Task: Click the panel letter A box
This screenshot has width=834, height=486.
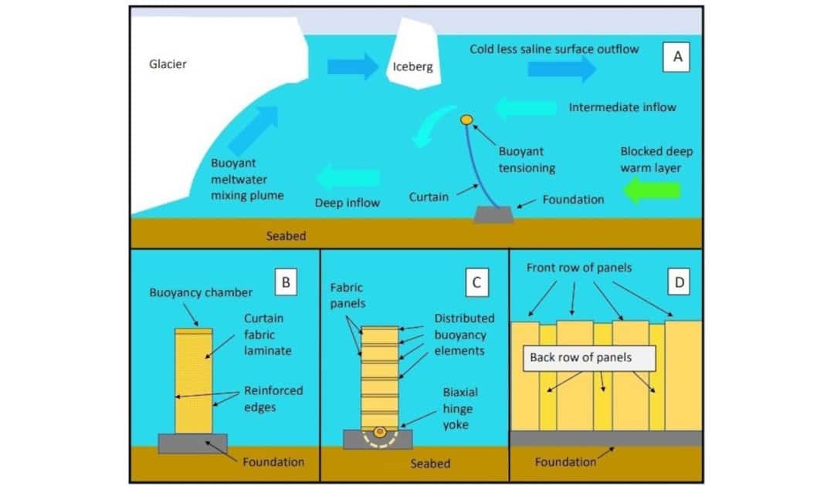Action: point(677,56)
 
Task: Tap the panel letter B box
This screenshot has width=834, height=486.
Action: point(286,283)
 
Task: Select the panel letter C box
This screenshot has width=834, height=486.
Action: point(477,283)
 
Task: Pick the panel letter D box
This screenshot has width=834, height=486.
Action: point(680,283)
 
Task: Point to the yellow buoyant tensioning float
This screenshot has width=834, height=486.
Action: point(466,120)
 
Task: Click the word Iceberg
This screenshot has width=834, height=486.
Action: point(413,67)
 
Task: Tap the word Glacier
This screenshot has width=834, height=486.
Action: point(168,64)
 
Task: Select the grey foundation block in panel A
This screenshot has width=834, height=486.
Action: point(494,215)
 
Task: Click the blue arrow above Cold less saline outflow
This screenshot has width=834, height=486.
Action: point(561,69)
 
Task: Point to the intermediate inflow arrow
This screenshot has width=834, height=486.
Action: point(525,107)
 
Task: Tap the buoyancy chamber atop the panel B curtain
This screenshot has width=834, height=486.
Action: point(193,331)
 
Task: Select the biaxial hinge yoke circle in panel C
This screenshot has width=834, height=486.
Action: point(380,432)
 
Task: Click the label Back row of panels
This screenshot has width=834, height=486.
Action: point(581,357)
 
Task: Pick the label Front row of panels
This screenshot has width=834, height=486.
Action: point(579,268)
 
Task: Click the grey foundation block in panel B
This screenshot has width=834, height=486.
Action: point(193,443)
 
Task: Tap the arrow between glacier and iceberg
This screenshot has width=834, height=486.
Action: point(352,66)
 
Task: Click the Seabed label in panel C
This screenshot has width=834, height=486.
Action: point(431,464)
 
